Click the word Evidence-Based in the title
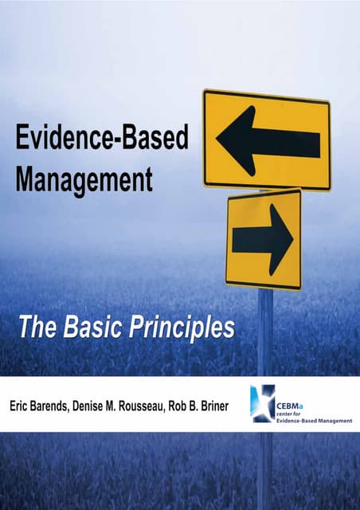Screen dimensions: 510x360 102,141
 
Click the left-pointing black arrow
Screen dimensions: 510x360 268,142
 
